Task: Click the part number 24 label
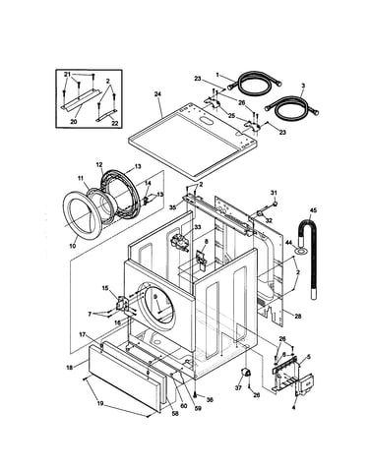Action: click(157, 94)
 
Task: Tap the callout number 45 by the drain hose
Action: click(313, 210)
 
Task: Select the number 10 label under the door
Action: click(73, 246)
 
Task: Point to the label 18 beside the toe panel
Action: click(69, 368)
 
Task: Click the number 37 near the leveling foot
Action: click(238, 387)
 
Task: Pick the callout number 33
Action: click(198, 227)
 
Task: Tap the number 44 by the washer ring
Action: click(288, 242)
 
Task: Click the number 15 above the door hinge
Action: click(105, 288)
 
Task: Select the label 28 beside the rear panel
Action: click(298, 317)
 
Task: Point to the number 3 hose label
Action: click(303, 86)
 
